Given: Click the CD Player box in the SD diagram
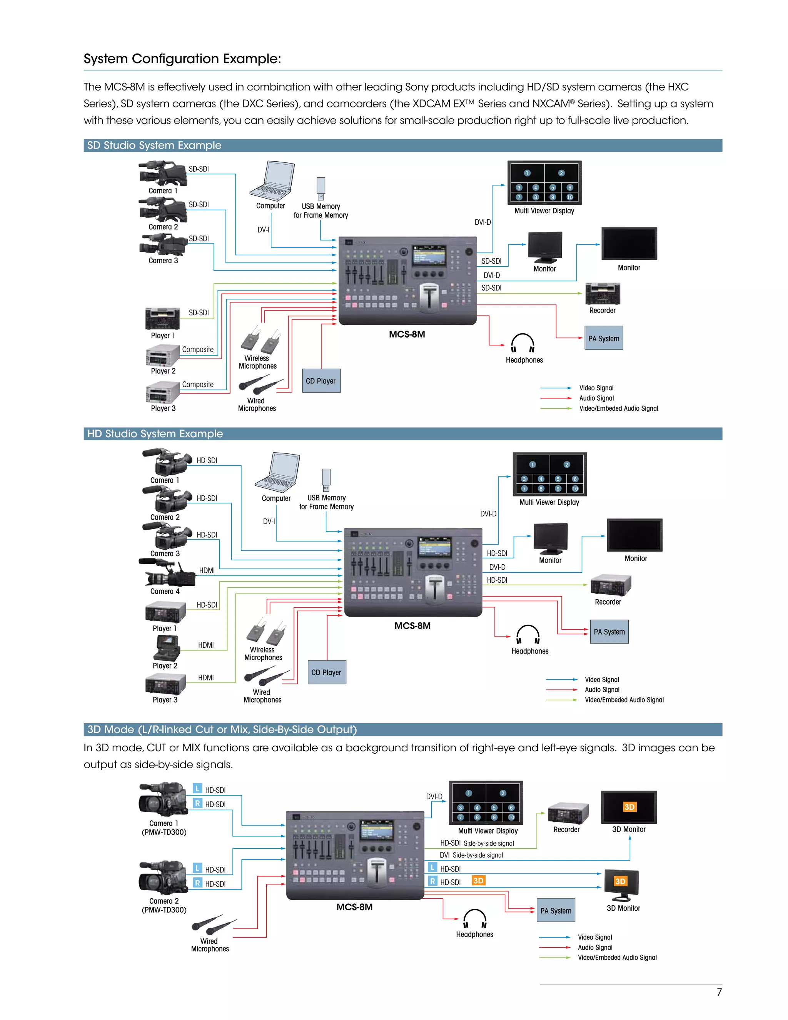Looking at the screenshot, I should click(321, 381).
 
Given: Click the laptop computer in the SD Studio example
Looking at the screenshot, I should click(273, 181).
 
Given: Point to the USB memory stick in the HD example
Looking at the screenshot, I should click(326, 479).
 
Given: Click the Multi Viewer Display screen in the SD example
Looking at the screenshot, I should click(544, 182).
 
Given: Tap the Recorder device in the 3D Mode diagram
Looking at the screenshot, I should click(568, 814).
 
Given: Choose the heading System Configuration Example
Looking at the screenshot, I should click(182, 59).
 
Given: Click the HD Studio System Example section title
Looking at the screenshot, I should click(155, 434).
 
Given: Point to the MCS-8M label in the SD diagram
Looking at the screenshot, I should click(407, 334).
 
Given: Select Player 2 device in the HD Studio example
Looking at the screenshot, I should click(166, 648).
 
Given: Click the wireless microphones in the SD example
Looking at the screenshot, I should click(260, 340).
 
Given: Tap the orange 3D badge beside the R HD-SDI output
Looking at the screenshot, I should click(479, 881).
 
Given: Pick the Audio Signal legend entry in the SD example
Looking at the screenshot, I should click(596, 398).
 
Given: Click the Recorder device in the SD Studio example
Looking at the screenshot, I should click(603, 294).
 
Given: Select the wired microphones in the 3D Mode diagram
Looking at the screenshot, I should click(214, 925).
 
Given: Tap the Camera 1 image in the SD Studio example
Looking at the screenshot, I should click(163, 173).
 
